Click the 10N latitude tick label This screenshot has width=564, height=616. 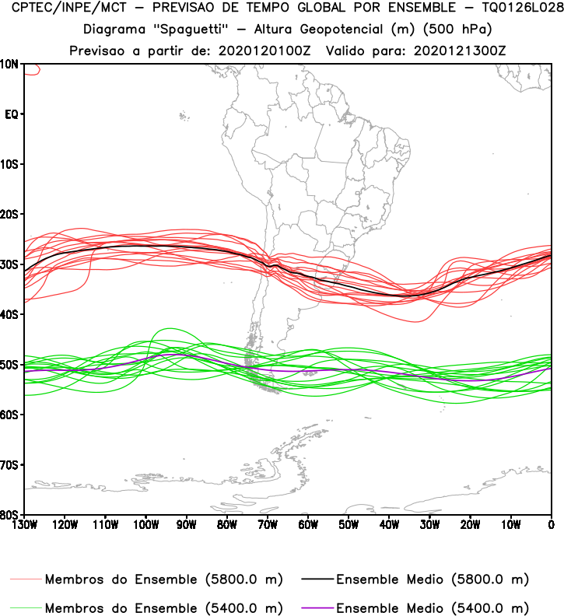(x=12, y=64)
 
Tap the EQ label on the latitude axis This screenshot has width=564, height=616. (x=12, y=114)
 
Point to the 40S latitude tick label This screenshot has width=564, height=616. (x=12, y=314)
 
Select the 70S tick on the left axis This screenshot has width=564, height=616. (x=12, y=464)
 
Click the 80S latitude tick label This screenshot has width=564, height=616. (x=12, y=514)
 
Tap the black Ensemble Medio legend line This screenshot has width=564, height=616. (x=315, y=579)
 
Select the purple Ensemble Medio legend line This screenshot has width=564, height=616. (x=315, y=607)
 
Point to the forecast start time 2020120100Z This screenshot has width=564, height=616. (x=262, y=51)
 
